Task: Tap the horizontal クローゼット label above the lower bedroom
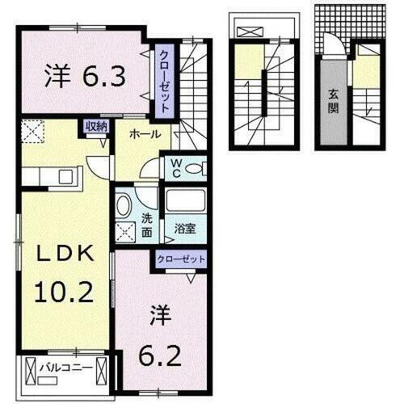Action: [181, 259]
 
